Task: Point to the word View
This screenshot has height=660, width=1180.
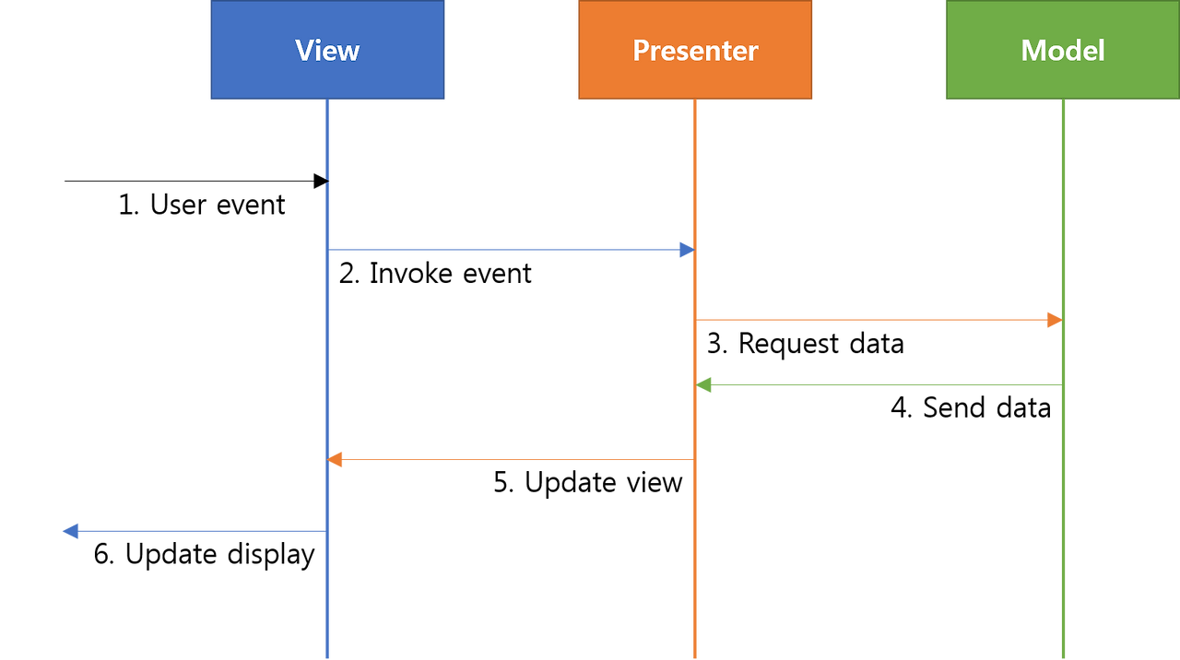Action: click(327, 50)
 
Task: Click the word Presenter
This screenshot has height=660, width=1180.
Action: click(695, 50)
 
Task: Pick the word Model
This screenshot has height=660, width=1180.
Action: click(1062, 50)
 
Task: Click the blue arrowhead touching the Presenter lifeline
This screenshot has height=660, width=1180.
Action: click(686, 250)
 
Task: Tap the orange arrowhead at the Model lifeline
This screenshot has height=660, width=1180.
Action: click(1053, 320)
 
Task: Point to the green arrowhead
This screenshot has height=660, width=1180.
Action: click(705, 385)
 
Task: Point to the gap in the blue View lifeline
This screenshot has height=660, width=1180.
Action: click(327, 181)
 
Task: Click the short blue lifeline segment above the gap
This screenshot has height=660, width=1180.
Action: click(327, 138)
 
